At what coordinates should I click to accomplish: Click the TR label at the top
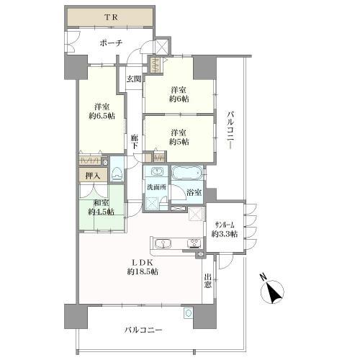tap(110, 16)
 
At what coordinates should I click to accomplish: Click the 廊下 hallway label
tap(135, 142)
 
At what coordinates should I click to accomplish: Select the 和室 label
tap(100, 202)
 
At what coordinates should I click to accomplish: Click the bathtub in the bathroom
tap(187, 174)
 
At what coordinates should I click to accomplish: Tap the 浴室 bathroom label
tap(194, 194)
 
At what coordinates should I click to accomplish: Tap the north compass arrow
tap(272, 292)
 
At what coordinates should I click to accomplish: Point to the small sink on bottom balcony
tap(189, 313)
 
